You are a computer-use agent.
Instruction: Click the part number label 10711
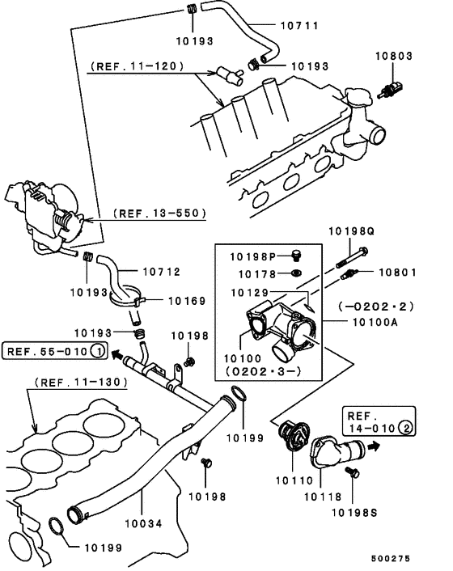coord(299,26)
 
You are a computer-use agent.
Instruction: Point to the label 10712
coord(162,272)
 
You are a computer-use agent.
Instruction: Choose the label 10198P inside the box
coord(252,256)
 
